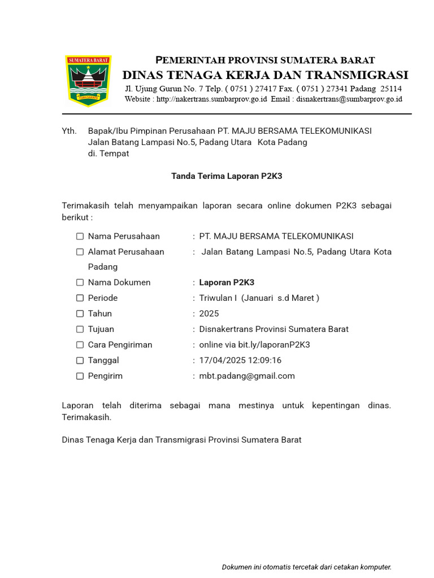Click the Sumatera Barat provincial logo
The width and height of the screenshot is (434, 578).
[89, 80]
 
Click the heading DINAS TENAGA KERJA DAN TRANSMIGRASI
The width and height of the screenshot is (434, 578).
[265, 75]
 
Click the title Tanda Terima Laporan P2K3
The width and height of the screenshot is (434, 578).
[227, 176]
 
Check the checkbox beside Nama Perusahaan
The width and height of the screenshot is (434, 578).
[80, 237]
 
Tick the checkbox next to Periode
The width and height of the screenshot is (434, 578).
[80, 298]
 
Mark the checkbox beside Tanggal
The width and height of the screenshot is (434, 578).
[80, 360]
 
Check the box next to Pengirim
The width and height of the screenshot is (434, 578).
[80, 376]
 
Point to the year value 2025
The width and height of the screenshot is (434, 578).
[209, 313]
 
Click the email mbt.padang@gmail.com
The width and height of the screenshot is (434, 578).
[247, 376]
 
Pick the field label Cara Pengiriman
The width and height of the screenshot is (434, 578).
[120, 344]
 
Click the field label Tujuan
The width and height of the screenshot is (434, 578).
[101, 329]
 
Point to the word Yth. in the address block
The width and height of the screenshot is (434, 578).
[69, 131]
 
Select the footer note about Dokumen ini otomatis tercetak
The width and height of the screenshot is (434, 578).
[306, 567]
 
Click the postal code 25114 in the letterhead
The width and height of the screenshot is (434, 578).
[391, 89]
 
